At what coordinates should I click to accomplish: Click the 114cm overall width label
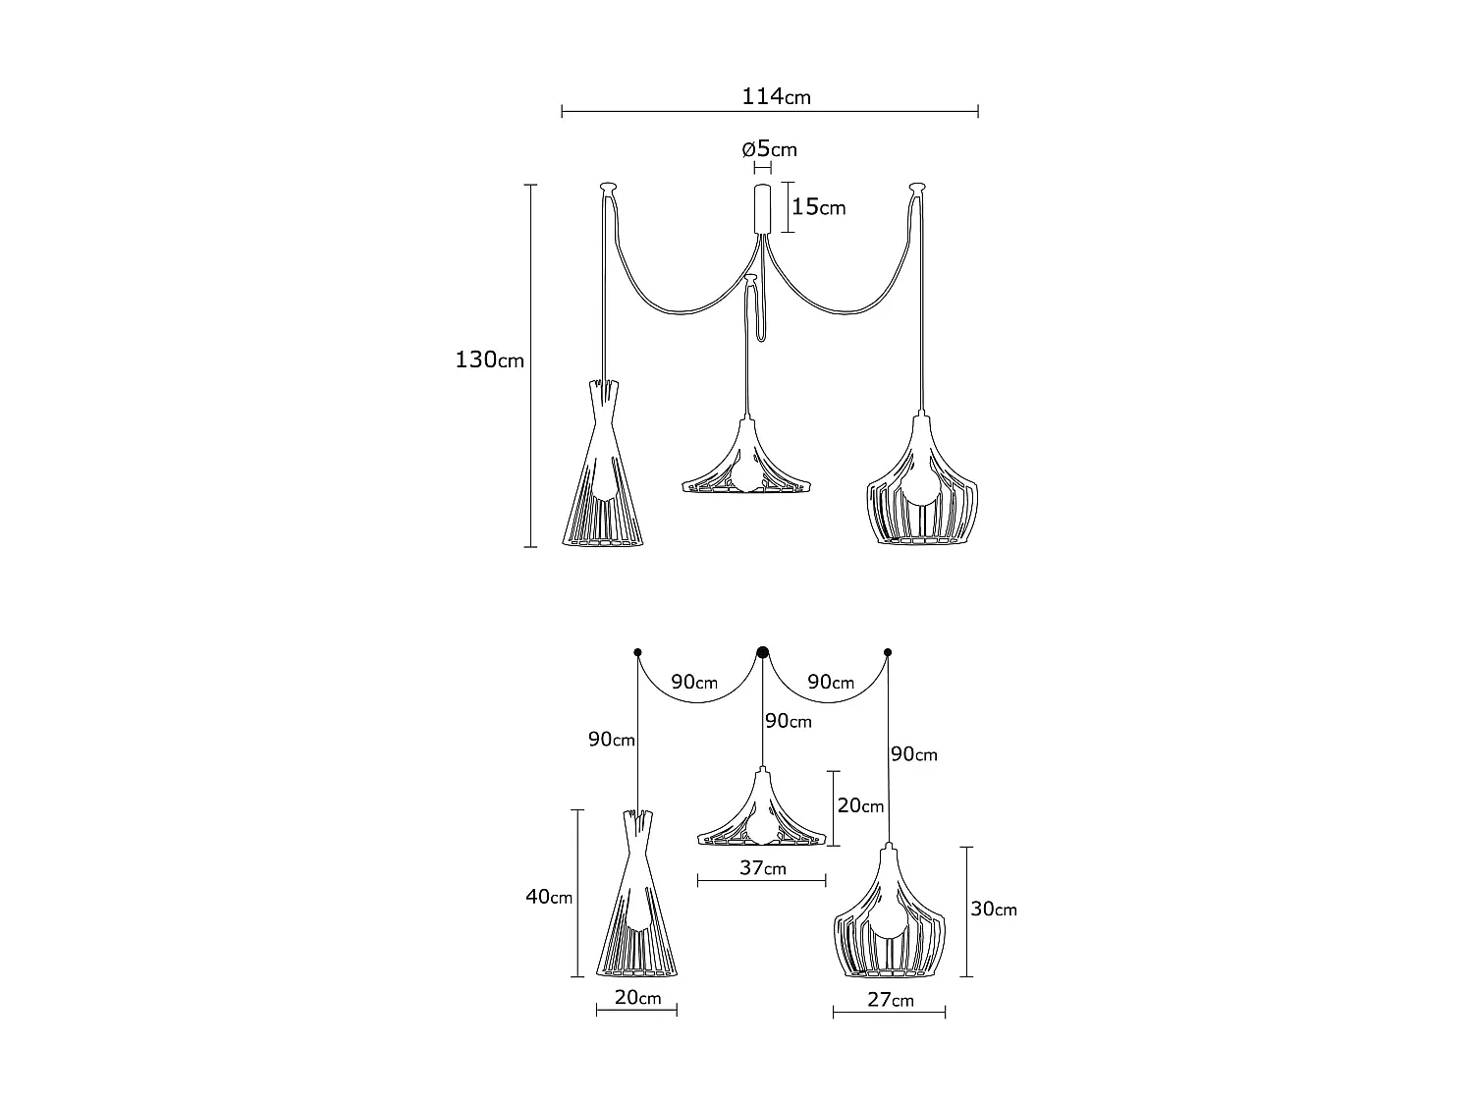coord(776,96)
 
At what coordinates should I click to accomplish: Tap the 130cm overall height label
coord(489,360)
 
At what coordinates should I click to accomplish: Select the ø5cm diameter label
coord(769,149)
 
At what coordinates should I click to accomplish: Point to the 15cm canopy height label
coord(818,207)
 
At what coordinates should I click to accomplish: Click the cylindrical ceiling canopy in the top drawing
coord(762,208)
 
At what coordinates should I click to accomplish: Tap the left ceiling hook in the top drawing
coord(608,185)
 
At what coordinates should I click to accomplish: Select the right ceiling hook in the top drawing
coord(917,185)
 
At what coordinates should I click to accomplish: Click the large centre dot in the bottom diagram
coord(762,651)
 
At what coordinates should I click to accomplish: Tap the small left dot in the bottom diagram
coord(637,651)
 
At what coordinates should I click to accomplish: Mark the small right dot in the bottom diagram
coord(888,651)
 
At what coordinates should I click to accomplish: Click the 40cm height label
coord(549,896)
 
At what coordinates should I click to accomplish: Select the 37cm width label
coord(762,867)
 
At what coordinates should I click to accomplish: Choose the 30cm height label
coord(994,910)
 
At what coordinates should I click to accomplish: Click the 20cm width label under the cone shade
coord(637,998)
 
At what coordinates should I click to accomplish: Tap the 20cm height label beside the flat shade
coord(860,805)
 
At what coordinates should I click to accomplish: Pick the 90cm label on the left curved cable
coord(694,682)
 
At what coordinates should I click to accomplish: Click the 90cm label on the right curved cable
coord(830,682)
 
